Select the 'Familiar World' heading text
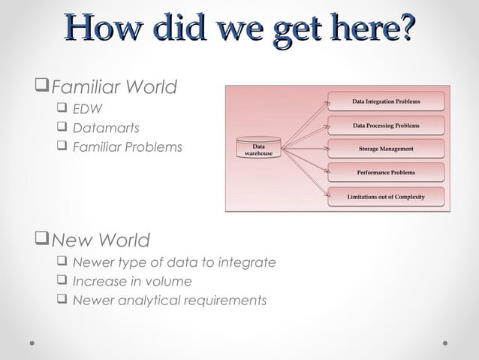click(113, 87)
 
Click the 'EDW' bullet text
click(88, 110)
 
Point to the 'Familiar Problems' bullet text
click(127, 147)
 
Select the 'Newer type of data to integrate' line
click(173, 262)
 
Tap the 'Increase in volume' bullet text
click(131, 281)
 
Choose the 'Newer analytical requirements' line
click(169, 301)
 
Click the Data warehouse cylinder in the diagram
click(258, 148)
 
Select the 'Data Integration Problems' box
click(386, 101)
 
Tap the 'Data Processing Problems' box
click(386, 126)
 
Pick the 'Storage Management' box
click(386, 149)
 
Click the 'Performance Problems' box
click(386, 173)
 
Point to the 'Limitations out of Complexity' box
click(386, 197)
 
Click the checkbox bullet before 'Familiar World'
click(42, 87)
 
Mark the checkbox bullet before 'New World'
click(42, 241)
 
